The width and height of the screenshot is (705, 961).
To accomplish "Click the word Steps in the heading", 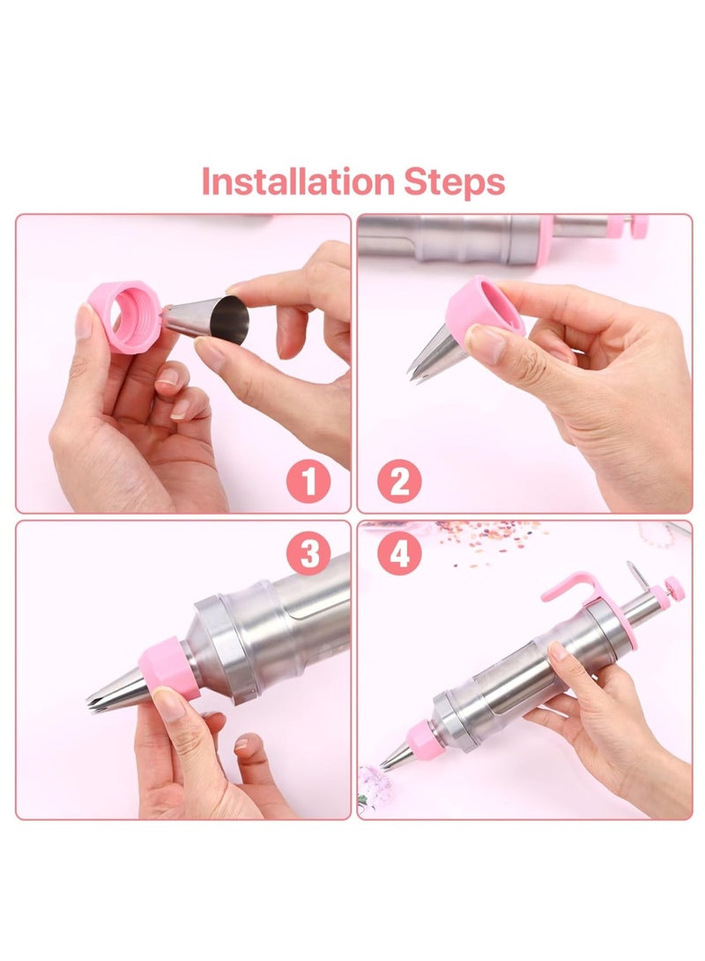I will click(455, 182).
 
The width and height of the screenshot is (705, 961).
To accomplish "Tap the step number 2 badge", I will click(399, 483).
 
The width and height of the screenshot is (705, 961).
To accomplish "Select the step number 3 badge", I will click(308, 554).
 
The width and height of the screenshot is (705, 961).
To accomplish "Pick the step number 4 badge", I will click(399, 554).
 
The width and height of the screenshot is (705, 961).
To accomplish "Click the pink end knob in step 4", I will click(673, 586).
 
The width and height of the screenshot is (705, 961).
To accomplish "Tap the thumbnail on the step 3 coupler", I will click(168, 701).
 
